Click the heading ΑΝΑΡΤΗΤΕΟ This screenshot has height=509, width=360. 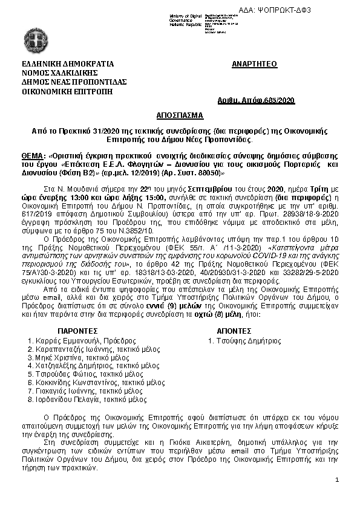coord(254,63)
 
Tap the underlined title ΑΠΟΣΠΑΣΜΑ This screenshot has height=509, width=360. coord(180,115)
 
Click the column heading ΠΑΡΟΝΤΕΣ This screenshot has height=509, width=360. coord(77,331)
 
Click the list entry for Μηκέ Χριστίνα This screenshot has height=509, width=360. coord(58,358)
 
